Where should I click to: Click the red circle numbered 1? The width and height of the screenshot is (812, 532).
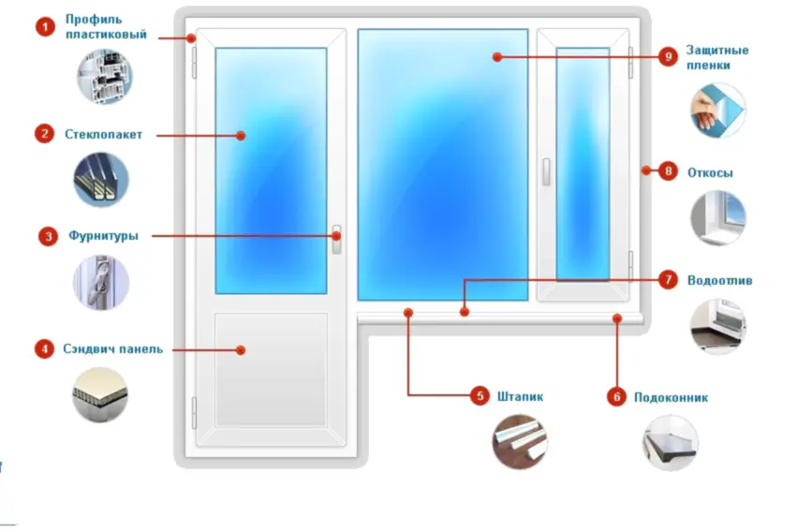point(45,27)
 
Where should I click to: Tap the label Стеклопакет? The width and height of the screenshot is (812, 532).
point(103,135)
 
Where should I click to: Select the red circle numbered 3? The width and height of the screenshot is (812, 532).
point(48,237)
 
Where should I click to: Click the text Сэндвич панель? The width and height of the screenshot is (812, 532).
point(113,349)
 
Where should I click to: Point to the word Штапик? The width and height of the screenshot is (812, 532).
point(520,397)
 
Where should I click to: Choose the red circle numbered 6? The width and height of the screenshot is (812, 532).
point(616,397)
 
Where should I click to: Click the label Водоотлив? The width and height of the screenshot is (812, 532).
point(719,281)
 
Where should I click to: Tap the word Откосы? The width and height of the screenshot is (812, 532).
point(710,173)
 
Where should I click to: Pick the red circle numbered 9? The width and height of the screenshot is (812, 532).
point(668,56)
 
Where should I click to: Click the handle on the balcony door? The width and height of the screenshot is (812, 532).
point(336,240)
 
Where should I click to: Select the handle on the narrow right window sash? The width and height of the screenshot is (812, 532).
point(546,171)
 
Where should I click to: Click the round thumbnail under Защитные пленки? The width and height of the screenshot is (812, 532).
point(717,111)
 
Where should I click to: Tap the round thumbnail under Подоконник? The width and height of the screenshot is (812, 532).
point(671,443)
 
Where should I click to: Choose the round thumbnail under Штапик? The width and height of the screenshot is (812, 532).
point(520,442)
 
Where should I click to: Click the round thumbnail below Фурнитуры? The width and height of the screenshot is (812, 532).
point(101,282)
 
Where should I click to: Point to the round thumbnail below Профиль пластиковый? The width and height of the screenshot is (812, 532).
point(105,77)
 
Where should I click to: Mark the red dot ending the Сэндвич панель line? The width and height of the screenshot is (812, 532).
point(241,350)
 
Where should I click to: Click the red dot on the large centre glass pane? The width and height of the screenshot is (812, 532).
point(497,57)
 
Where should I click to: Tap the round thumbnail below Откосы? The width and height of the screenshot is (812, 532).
point(717,217)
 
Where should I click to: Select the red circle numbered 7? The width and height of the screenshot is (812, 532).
point(668,280)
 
